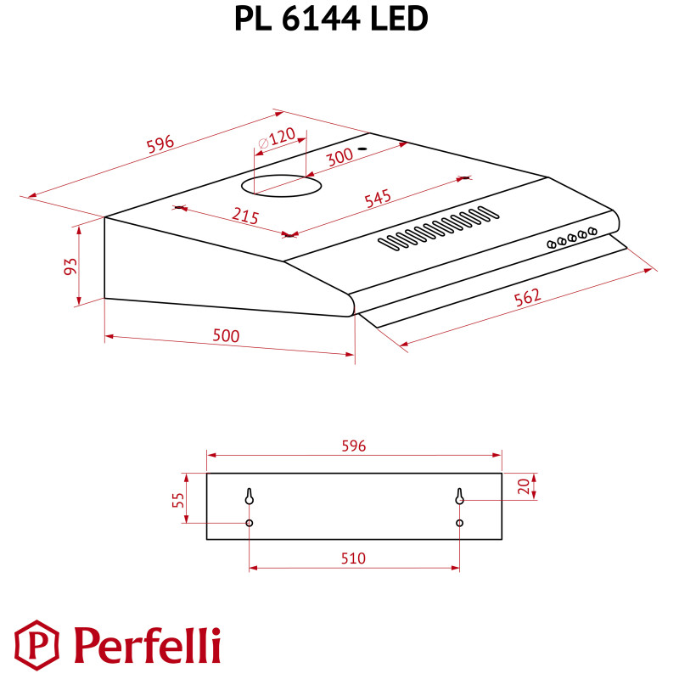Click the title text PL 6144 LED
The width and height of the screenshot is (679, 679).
[x=331, y=19]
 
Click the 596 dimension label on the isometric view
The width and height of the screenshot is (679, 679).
[x=160, y=143]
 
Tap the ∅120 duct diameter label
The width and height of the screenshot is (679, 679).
[x=277, y=137]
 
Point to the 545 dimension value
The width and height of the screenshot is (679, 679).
[x=377, y=199]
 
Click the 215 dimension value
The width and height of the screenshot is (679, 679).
[x=244, y=216]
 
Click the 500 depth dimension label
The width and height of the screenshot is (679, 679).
[x=227, y=335]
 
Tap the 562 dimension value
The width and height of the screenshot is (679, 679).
[x=527, y=298]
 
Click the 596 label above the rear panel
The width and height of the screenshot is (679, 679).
[x=353, y=446]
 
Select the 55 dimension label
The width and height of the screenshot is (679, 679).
[x=177, y=500]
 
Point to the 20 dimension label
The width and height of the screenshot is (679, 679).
[x=523, y=486]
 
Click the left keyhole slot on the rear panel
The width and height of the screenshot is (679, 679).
[x=250, y=496]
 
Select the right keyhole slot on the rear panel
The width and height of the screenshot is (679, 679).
[x=459, y=496]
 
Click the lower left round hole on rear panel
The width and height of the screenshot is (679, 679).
[x=250, y=523]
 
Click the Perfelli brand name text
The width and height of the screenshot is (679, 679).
[x=146, y=645]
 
